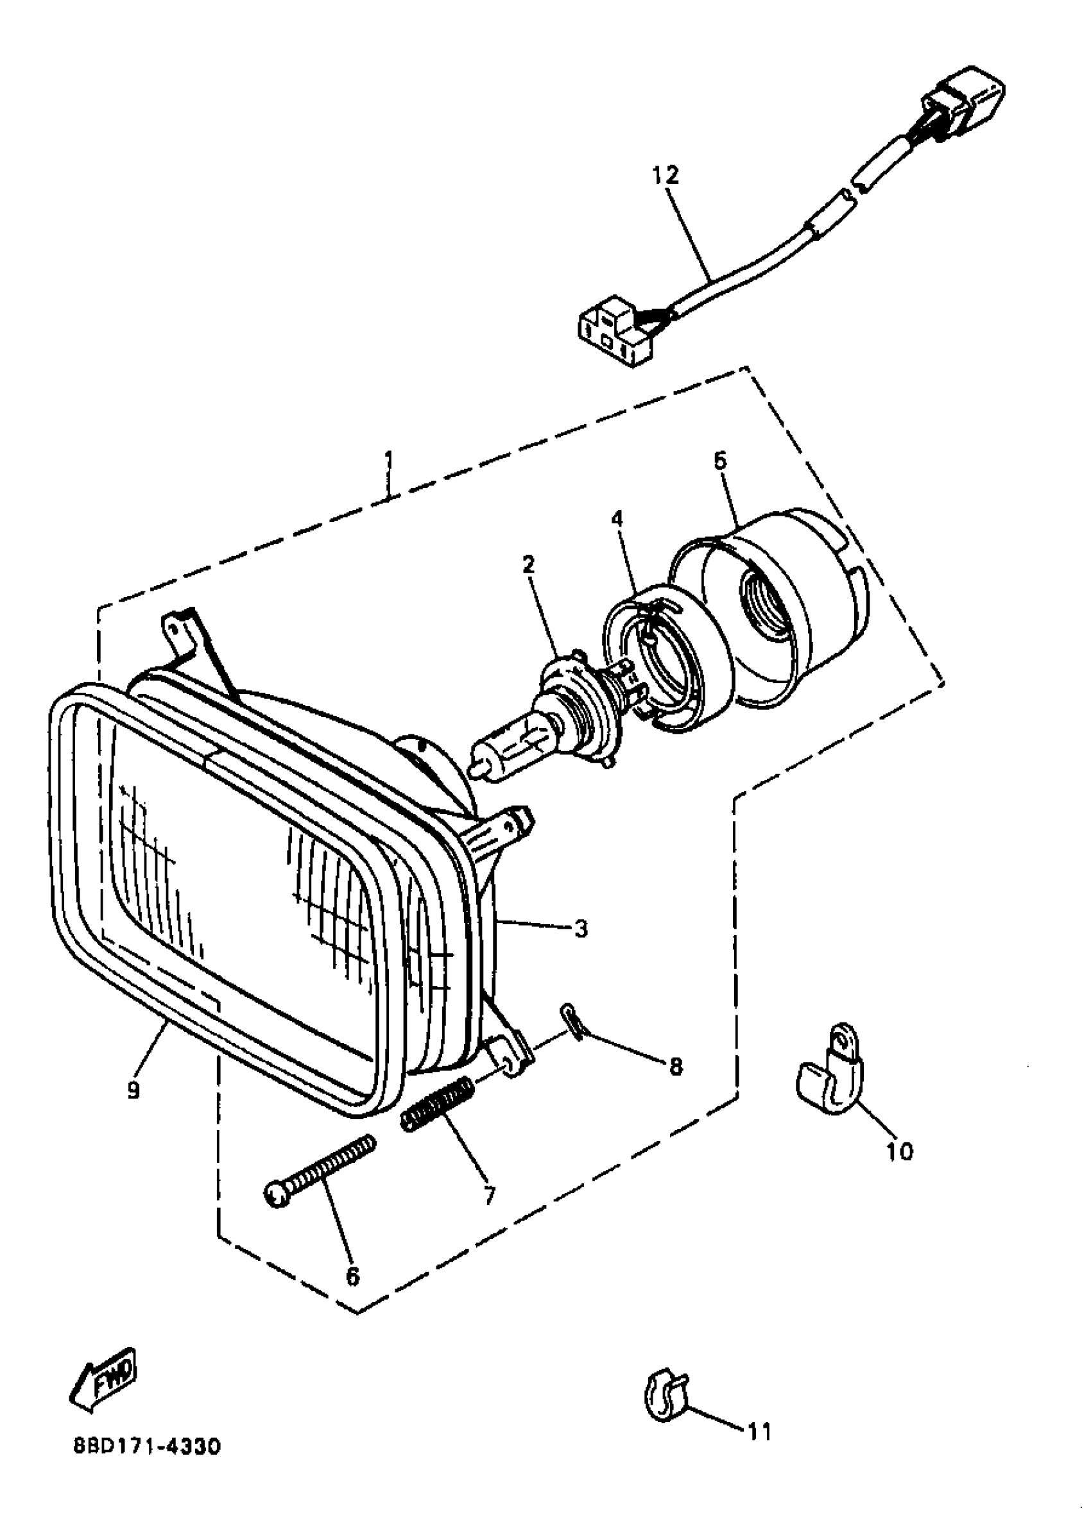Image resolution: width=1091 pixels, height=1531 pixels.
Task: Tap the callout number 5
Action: tap(719, 461)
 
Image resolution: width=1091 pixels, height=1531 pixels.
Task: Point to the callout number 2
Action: tap(529, 564)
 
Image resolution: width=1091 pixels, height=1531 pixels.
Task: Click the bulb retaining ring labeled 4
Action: tap(665, 658)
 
